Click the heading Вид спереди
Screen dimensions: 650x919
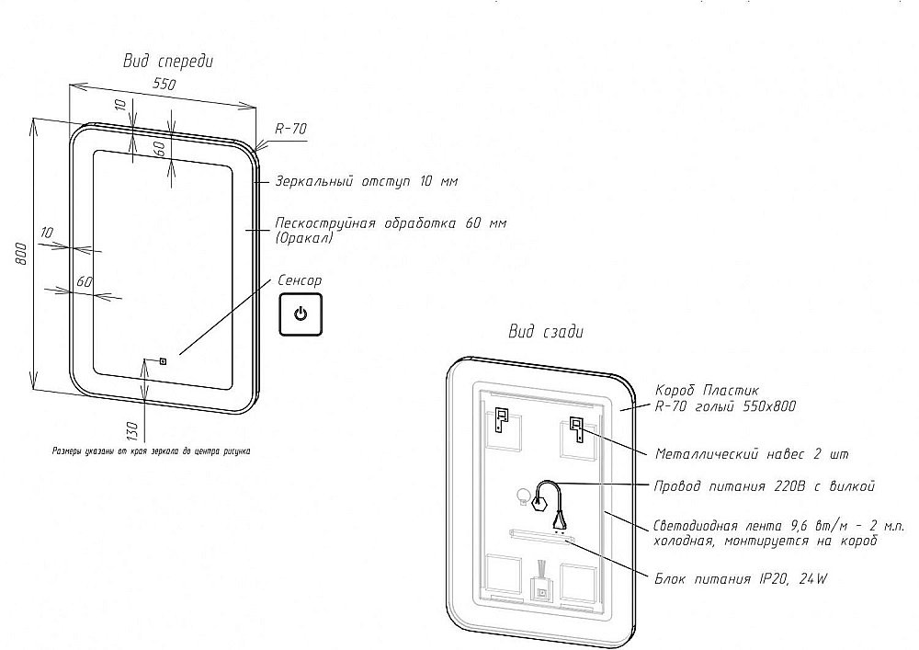(168, 62)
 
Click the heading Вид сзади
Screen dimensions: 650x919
(546, 332)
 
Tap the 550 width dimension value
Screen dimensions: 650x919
(164, 84)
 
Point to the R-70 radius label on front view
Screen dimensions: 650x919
(290, 130)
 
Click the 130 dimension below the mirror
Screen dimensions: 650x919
(131, 429)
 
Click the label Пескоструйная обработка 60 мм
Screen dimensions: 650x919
(391, 223)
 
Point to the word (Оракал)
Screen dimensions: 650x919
(303, 238)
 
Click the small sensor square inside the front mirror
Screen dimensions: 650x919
(163, 360)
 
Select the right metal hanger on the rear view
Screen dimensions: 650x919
(576, 428)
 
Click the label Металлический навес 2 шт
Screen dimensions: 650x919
(752, 454)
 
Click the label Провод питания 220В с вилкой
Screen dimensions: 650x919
(763, 485)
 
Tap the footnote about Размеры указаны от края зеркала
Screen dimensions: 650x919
(151, 451)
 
